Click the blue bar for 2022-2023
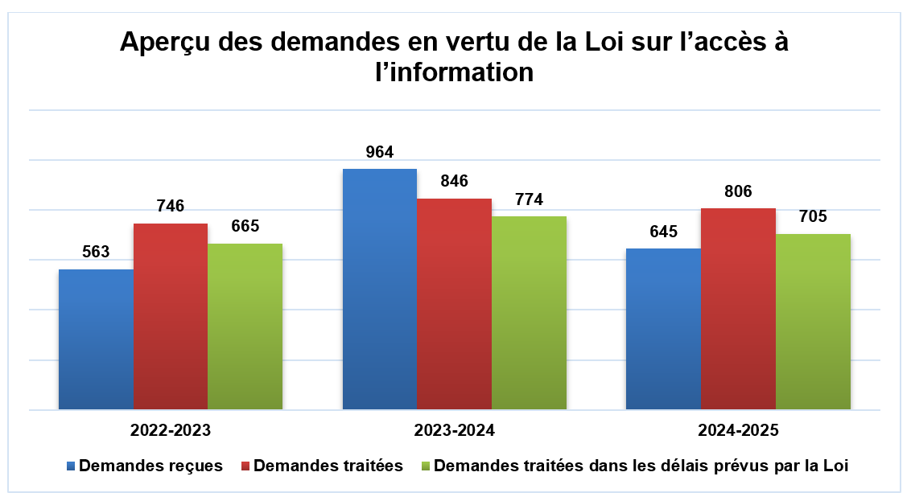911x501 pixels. pos(96,339)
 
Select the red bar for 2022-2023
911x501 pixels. pos(171,317)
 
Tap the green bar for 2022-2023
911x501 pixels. pos(245,326)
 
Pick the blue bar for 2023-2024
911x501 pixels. pos(380,290)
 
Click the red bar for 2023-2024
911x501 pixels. pos(455,304)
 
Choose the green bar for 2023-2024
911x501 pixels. pos(529,313)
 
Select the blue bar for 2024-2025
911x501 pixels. pos(663,329)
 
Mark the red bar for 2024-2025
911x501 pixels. pos(738,309)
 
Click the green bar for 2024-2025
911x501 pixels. pos(813,322)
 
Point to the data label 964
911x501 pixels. pos(379,152)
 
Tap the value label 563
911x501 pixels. pos(96,253)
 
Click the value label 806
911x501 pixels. pos(738,191)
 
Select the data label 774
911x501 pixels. pos(529,199)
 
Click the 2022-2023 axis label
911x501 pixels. pos(171,430)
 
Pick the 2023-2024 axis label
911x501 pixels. pos(454,430)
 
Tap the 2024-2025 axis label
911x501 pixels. pos(738,430)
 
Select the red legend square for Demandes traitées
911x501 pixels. pos(245,466)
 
